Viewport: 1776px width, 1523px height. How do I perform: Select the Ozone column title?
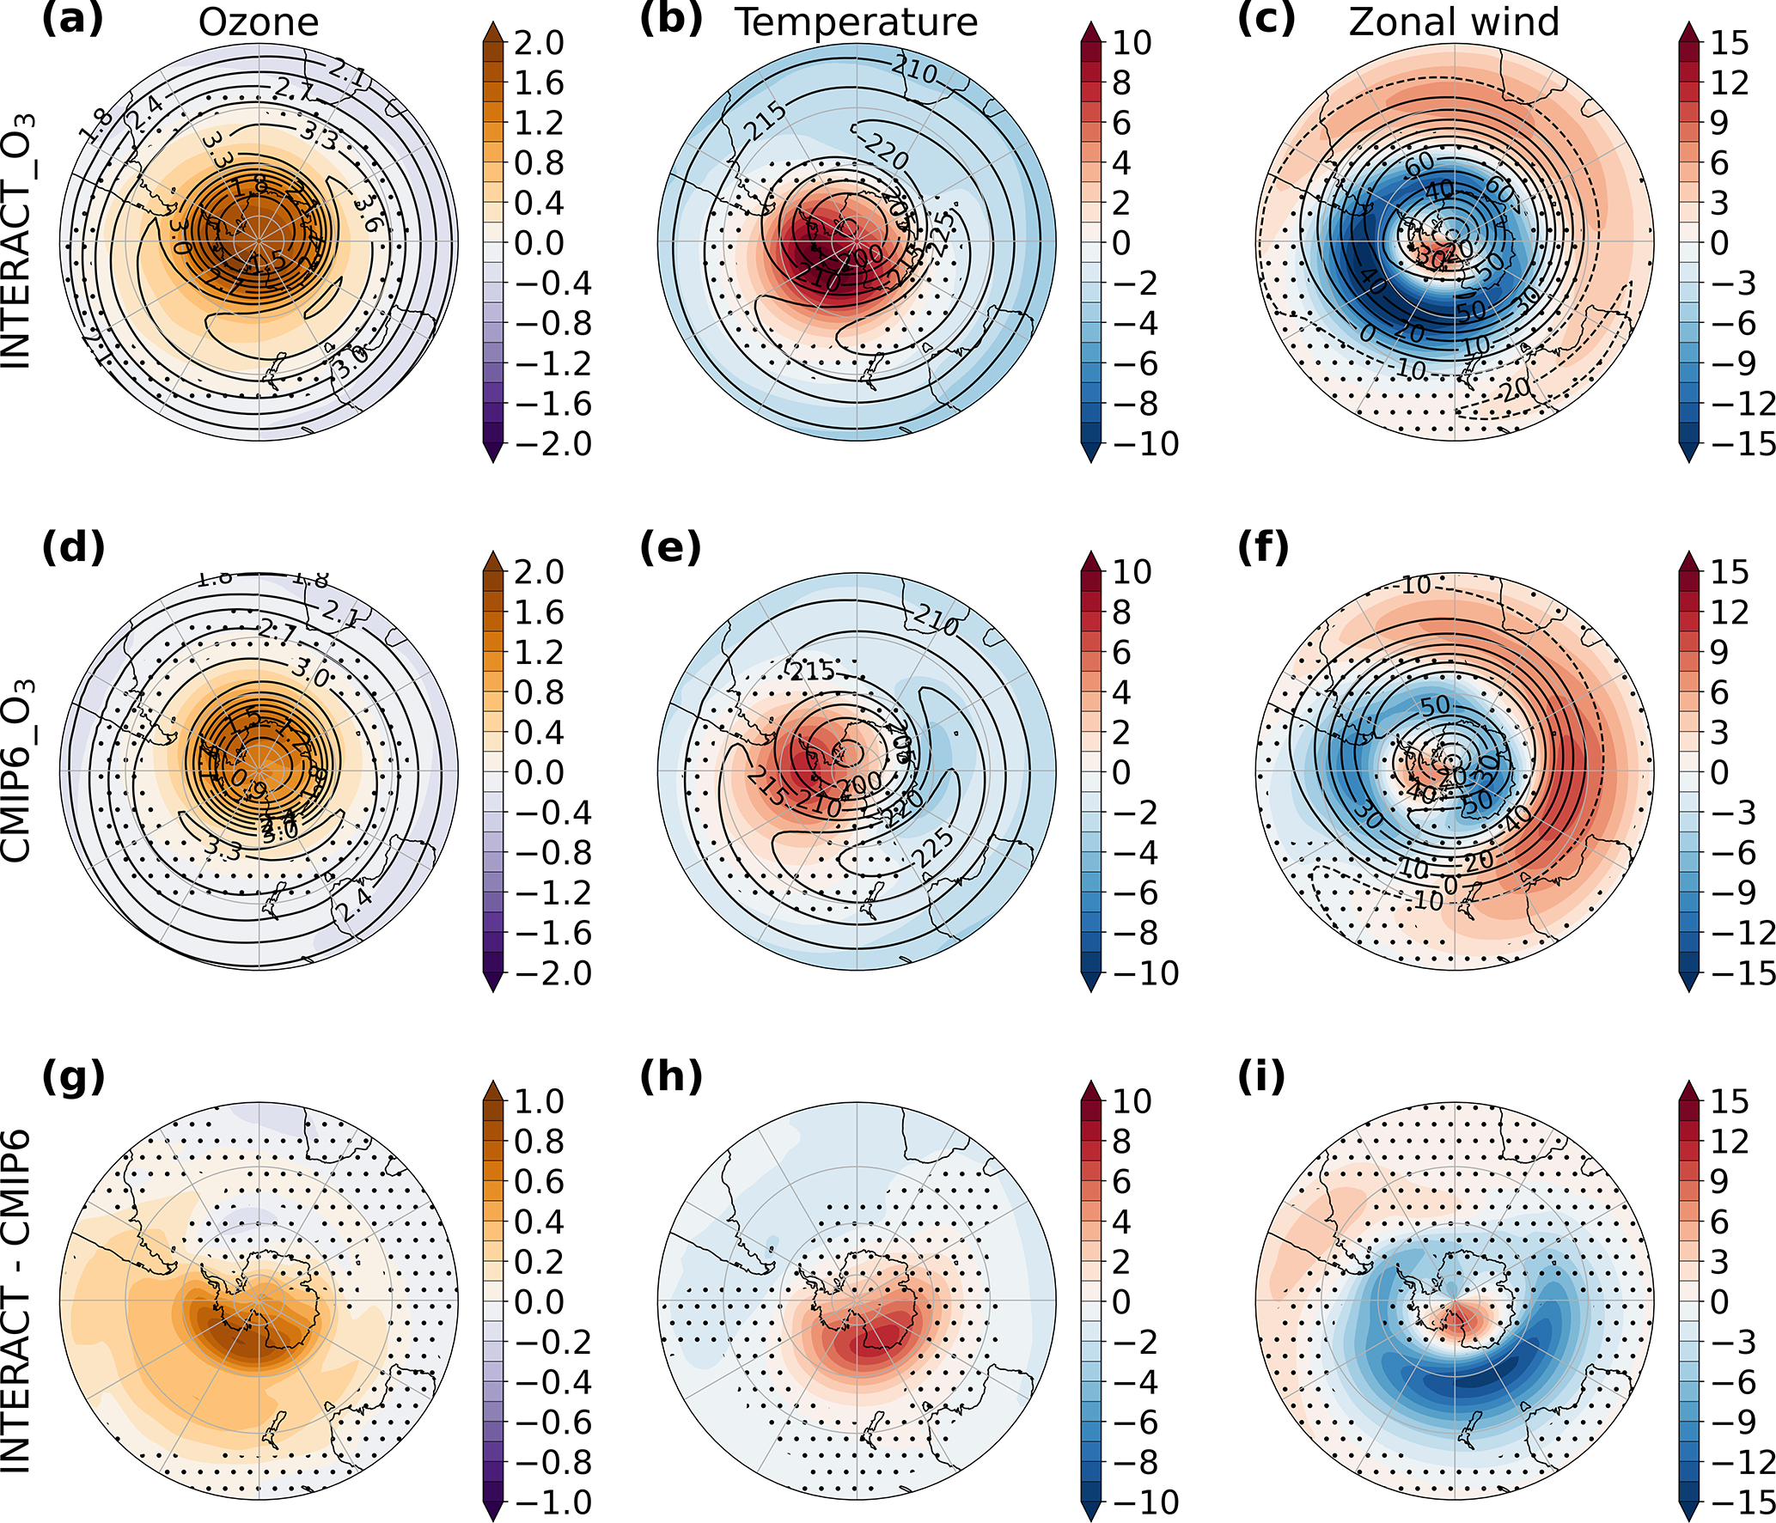(259, 22)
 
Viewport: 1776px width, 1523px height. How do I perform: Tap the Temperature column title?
(856, 22)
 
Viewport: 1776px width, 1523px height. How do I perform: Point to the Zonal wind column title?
(1454, 22)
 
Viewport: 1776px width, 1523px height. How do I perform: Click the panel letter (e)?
(670, 548)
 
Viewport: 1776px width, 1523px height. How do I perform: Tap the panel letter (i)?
(1261, 1077)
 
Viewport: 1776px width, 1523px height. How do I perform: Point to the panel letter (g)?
(73, 1077)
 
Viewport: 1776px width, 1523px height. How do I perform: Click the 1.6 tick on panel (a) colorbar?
(539, 83)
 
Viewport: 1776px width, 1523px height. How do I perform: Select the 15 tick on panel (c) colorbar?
(1729, 43)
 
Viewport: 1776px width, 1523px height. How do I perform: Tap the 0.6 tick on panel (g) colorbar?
(539, 1182)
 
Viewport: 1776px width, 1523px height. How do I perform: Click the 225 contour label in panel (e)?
(934, 849)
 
